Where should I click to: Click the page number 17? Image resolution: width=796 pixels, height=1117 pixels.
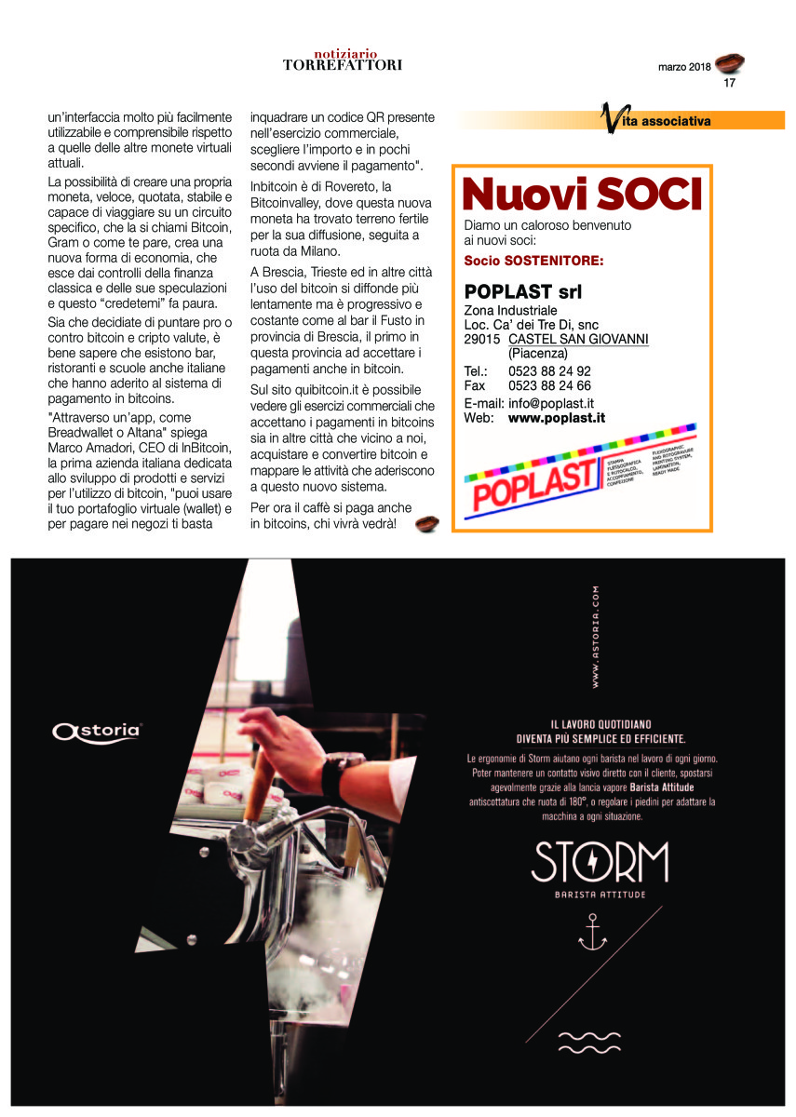[730, 83]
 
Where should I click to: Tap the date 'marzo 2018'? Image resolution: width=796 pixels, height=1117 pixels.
[684, 68]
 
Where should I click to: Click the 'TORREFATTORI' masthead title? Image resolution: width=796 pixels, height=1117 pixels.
[343, 65]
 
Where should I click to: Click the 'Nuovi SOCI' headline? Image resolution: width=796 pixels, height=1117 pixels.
[581, 194]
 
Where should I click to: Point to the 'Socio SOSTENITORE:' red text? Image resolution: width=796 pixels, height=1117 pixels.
[533, 261]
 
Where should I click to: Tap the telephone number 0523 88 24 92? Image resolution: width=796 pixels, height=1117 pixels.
[549, 370]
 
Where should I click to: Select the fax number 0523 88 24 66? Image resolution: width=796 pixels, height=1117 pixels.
[549, 385]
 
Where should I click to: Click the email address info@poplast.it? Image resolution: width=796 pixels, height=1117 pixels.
[551, 404]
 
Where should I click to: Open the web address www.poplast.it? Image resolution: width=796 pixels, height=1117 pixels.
[556, 419]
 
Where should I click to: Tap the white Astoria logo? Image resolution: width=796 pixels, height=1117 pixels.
[97, 731]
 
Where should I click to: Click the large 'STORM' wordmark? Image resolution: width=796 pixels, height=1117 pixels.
[600, 863]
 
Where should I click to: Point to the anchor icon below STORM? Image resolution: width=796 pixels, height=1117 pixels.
[592, 933]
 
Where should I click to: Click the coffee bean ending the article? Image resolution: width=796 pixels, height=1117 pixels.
[426, 524]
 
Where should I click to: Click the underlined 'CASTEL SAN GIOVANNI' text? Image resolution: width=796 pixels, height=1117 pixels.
[578, 339]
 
